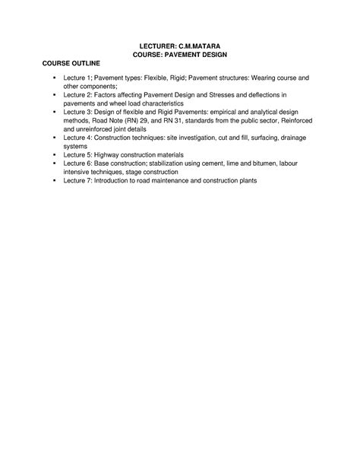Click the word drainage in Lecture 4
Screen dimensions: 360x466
point(293,138)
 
